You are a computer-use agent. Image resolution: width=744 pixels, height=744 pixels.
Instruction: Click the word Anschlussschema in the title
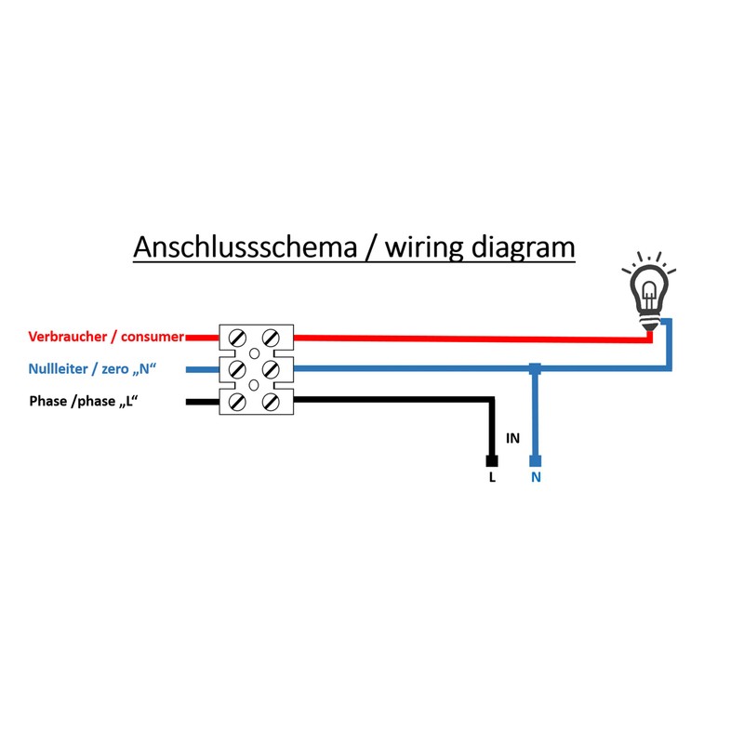pos(245,247)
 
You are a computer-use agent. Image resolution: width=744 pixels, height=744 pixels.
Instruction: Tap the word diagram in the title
pos(523,248)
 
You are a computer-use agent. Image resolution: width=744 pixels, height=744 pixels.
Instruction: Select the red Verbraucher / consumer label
pos(106,337)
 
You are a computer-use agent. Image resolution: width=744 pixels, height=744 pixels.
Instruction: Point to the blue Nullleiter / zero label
pos(92,368)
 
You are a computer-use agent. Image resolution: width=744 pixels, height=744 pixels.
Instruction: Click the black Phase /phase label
pos(84,401)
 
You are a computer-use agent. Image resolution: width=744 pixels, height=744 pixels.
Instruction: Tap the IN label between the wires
pos(512,438)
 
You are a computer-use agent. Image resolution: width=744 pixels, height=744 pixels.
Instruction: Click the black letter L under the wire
pos(492,477)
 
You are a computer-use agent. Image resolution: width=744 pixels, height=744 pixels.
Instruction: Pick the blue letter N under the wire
pos(536,477)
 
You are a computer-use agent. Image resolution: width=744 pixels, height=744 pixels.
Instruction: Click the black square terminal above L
pos(492,460)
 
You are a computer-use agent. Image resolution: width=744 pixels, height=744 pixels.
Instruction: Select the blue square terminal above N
pos(536,460)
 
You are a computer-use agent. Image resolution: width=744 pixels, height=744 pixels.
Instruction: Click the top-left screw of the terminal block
pos(237,339)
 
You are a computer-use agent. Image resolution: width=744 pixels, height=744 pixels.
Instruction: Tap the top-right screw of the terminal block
pos(271,339)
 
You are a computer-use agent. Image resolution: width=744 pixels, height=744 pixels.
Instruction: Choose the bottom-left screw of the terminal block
pos(237,402)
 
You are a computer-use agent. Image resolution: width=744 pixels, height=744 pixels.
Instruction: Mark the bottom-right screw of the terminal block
pos(271,402)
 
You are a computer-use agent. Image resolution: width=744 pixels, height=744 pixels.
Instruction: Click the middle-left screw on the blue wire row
pos(237,369)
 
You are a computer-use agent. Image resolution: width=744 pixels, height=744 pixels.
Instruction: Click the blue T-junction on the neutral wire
pos(535,368)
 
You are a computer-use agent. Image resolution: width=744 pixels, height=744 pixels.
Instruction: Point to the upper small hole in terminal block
pos(254,353)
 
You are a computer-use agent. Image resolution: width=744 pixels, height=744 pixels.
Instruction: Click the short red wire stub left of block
pos(203,338)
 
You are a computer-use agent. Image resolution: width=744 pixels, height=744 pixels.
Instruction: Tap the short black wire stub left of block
pos(203,402)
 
